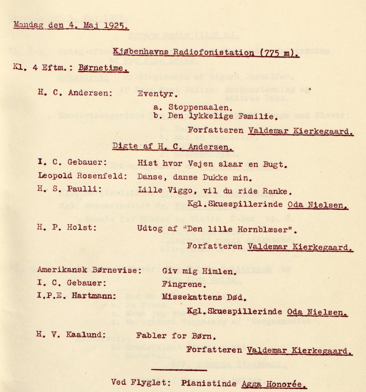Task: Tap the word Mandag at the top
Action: (28, 25)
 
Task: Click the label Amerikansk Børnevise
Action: (89, 270)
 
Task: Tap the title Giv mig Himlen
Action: (198, 271)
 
